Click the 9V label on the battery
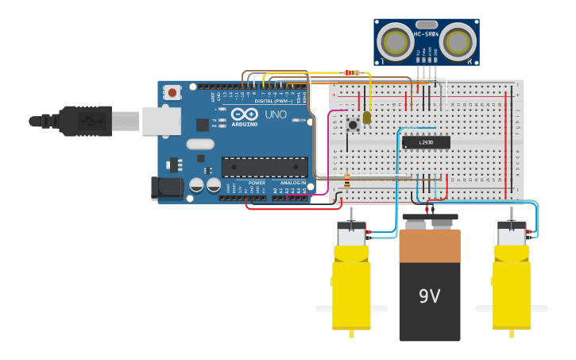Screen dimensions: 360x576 click(429, 296)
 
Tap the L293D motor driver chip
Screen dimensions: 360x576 click(426, 142)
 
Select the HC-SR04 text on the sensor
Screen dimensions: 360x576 click(426, 35)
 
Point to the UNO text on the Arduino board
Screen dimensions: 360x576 click(275, 114)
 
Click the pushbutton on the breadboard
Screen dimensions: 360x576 click(352, 124)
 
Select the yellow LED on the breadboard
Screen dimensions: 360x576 click(366, 118)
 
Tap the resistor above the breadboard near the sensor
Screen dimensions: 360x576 click(350, 73)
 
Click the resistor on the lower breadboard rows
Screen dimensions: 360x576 click(346, 180)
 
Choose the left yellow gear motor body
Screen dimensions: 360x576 click(351, 286)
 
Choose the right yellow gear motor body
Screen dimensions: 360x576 click(511, 286)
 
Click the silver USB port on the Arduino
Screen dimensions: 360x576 click(160, 121)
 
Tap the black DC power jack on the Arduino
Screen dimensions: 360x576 click(166, 188)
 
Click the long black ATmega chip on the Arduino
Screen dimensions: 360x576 click(265, 168)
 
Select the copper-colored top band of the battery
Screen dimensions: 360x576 click(430, 246)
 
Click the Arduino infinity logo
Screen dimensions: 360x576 click(245, 114)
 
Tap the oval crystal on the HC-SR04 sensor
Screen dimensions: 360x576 click(426, 25)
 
